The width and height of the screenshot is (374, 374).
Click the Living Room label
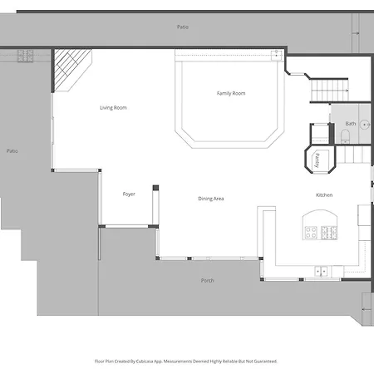point(113,108)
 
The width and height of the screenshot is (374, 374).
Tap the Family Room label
point(231,93)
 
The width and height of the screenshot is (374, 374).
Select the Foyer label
point(129,194)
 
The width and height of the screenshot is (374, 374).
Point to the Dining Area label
point(211,199)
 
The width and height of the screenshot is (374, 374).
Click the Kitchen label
point(324,195)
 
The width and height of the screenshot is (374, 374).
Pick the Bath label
point(351,124)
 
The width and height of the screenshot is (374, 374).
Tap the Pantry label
point(317,160)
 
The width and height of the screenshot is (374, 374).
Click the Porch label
point(208,281)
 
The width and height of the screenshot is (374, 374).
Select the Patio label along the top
point(183,27)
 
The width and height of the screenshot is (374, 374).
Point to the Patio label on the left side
point(12,151)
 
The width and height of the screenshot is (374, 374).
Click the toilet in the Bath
point(345,136)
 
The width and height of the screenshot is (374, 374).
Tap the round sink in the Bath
point(365,125)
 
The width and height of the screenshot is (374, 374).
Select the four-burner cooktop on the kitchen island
point(311,233)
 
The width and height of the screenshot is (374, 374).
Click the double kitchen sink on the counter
point(321,272)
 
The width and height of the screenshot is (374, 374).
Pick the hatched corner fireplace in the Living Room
point(73,70)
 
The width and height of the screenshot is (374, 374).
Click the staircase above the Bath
point(329,91)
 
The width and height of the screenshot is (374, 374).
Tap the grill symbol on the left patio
point(25,56)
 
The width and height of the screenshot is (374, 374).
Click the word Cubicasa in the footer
point(145,362)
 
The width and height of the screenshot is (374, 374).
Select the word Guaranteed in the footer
point(266,362)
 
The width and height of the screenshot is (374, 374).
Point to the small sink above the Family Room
point(277,55)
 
